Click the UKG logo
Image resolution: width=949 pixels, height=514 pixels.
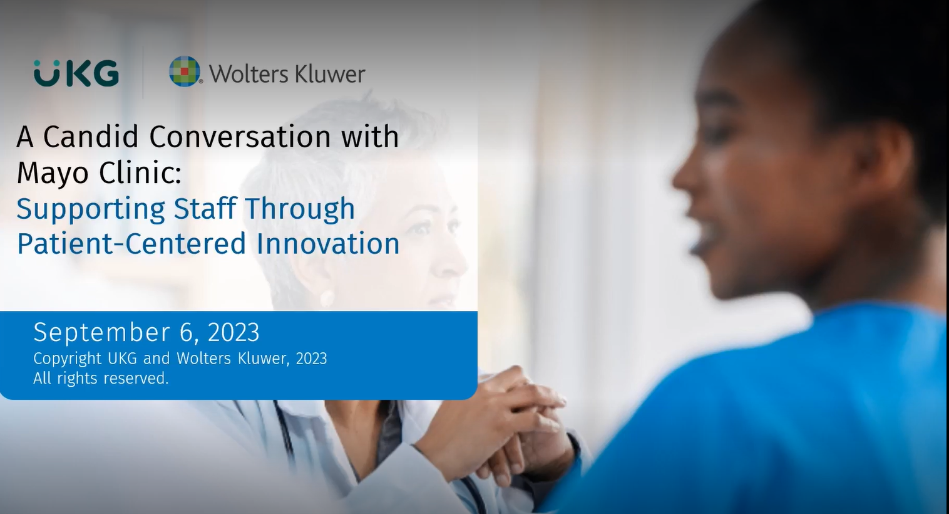pos(76,73)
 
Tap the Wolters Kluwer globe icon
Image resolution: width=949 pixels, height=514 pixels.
pos(185,71)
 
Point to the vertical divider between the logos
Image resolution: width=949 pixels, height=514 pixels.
pos(143,72)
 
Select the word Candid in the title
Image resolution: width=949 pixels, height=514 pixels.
pos(93,137)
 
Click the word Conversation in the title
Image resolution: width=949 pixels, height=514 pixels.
pos(240,137)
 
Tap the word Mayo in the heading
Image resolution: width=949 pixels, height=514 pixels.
pos(52,172)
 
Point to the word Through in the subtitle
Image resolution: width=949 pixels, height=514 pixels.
pos(299,208)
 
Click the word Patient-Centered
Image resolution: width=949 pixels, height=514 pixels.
pos(131,243)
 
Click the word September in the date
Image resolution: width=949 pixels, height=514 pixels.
pos(101,333)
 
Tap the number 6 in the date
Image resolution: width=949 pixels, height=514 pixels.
pos(187,332)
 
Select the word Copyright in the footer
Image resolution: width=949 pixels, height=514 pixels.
pos(67,359)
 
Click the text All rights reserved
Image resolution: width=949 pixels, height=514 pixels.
pos(101,378)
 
